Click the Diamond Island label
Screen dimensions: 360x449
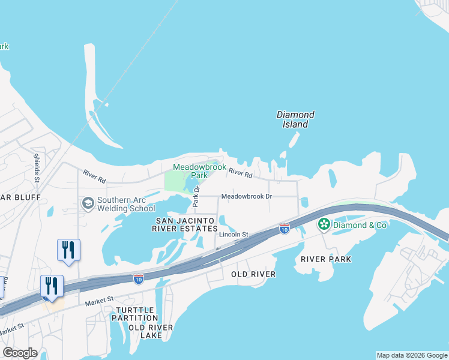295,119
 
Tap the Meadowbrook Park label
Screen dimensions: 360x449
190,171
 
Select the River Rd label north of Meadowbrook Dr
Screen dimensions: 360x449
240,173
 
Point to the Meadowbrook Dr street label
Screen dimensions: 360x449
247,196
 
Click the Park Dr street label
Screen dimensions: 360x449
196,197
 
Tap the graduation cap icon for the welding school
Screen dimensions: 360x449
88,203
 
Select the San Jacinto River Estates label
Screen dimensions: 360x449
186,224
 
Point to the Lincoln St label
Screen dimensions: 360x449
234,235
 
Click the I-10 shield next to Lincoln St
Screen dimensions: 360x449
285,229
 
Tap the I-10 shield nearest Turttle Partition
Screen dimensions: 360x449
138,279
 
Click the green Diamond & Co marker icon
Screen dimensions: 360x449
324,224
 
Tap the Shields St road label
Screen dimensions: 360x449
37,167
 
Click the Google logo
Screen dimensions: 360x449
20,353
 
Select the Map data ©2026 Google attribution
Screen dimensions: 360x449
412,355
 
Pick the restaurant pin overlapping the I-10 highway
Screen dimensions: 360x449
52,286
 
